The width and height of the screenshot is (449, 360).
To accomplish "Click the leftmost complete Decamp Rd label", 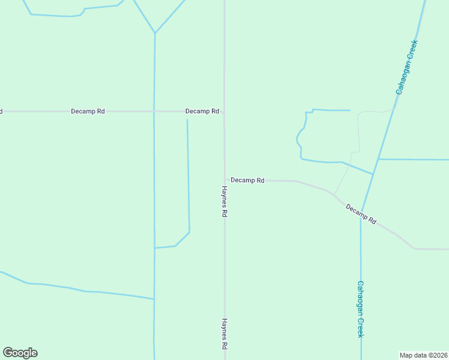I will pyautogui.click(x=88, y=111).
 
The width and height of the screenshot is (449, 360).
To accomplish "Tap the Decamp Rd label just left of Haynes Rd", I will pyautogui.click(x=202, y=111).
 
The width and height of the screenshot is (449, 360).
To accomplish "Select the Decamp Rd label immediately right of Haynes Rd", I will pyautogui.click(x=247, y=180).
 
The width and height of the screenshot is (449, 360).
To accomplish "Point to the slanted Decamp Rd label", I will pyautogui.click(x=361, y=214).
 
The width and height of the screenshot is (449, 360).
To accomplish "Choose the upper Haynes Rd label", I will pyautogui.click(x=224, y=201).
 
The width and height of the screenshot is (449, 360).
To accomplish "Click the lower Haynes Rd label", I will pyautogui.click(x=224, y=334).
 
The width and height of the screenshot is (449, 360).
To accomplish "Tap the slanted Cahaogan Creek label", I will pyautogui.click(x=406, y=67).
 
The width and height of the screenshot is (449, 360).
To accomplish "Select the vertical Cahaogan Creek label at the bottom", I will pyautogui.click(x=360, y=309).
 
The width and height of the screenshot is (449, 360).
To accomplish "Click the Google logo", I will pyautogui.click(x=20, y=353).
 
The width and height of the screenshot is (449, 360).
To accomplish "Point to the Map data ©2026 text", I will pyautogui.click(x=423, y=355).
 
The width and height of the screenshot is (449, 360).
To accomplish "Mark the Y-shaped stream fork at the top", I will pyautogui.click(x=155, y=33).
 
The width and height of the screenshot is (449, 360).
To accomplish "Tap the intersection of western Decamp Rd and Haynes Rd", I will pyautogui.click(x=224, y=111).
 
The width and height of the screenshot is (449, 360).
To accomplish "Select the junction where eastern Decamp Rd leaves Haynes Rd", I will pyautogui.click(x=225, y=180).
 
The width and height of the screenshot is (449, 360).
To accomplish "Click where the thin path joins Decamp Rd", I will pyautogui.click(x=334, y=194).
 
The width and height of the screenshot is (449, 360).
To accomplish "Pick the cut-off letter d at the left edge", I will pyautogui.click(x=1, y=111).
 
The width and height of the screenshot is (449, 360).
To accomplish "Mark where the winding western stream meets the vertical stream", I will pyautogui.click(x=154, y=299).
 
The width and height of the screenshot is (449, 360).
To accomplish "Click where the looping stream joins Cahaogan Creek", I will pyautogui.click(x=373, y=174).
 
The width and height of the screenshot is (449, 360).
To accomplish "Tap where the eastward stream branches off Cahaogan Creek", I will pyautogui.click(x=379, y=159).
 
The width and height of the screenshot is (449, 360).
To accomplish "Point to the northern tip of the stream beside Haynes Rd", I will pyautogui.click(x=187, y=119).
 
